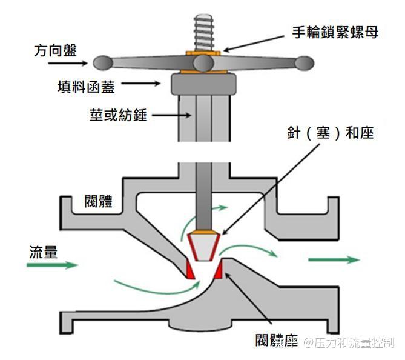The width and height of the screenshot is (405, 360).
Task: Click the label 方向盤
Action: click(55, 50)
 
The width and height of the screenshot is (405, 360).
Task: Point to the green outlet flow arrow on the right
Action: click(334, 259)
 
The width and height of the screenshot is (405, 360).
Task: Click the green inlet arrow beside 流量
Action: click(61, 265)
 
